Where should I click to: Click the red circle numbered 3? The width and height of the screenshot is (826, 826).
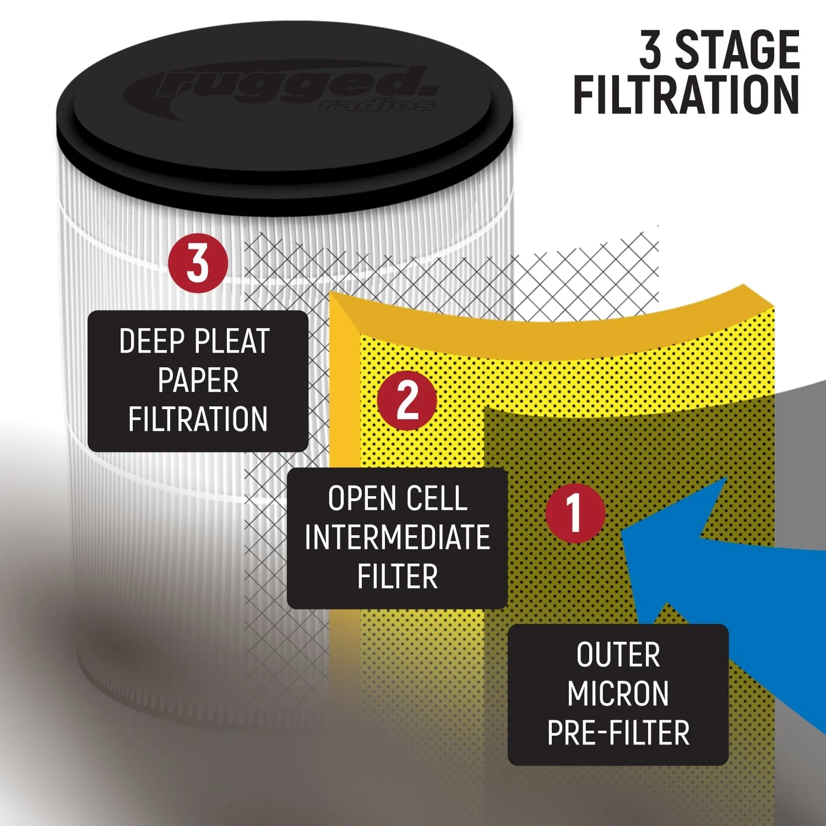[198, 263]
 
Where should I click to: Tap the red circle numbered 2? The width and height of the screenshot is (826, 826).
[407, 400]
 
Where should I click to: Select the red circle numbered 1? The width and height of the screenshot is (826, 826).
[575, 513]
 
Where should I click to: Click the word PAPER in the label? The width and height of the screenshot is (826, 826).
[198, 381]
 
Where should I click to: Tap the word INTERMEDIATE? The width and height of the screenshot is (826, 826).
[397, 537]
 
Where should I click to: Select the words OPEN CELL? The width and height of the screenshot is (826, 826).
[397, 499]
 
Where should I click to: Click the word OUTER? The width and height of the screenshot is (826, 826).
[618, 655]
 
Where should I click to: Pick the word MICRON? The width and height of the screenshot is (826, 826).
[618, 694]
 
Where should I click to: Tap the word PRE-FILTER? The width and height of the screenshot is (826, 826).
[618, 733]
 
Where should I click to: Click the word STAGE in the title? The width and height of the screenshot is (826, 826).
[737, 51]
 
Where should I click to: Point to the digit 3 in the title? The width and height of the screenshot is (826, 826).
[651, 51]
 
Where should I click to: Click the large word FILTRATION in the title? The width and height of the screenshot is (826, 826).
[686, 95]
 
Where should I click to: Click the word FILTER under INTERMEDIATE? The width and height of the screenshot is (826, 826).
[397, 577]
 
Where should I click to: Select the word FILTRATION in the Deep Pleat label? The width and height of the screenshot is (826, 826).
[198, 420]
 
